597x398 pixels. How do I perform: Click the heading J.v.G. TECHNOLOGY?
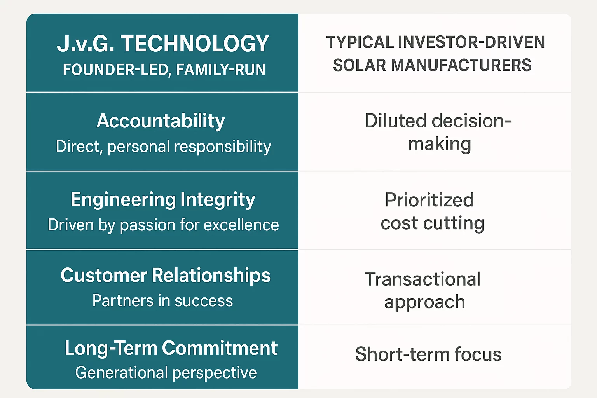[x=163, y=44]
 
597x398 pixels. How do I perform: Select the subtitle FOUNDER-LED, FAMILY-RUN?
[x=164, y=70]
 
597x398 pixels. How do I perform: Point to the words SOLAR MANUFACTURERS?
[x=432, y=65]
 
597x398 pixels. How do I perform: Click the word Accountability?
[x=161, y=121]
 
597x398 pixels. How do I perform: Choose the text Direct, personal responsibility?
[x=163, y=147]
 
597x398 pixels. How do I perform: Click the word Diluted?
[x=396, y=121]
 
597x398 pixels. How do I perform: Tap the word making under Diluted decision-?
[x=440, y=145]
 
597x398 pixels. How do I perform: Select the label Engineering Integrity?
[x=163, y=200]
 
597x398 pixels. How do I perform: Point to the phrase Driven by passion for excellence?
[x=163, y=225]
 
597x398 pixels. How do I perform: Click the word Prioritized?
[x=429, y=200]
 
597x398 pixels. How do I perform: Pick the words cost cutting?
[x=432, y=223]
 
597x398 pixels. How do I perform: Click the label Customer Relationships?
[x=166, y=276]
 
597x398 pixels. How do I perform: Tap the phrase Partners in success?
[x=162, y=301]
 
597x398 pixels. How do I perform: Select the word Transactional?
[x=423, y=279]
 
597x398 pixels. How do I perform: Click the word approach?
[x=425, y=302]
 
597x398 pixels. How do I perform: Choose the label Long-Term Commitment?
[x=171, y=348]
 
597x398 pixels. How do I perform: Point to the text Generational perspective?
[x=166, y=373]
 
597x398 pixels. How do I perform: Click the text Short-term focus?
[x=428, y=354]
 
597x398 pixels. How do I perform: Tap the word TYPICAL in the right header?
[x=360, y=42]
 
